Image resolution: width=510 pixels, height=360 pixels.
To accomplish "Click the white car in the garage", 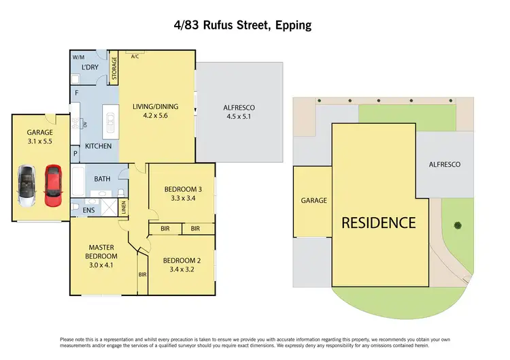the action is point(29,186).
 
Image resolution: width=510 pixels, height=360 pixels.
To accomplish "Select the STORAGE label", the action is point(114,69).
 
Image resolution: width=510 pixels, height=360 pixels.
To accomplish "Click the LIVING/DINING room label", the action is point(157,105).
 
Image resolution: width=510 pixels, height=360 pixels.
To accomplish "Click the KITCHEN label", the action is point(97,147).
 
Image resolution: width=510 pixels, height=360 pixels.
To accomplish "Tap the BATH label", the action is point(103,179).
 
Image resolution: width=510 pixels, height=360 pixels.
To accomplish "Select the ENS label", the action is point(89,211).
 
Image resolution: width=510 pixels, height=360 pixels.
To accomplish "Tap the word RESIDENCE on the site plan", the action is point(378,223).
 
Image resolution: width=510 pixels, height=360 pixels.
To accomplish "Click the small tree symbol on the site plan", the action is point(458,225).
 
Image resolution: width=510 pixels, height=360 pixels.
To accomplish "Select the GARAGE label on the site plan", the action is point(313,201).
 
